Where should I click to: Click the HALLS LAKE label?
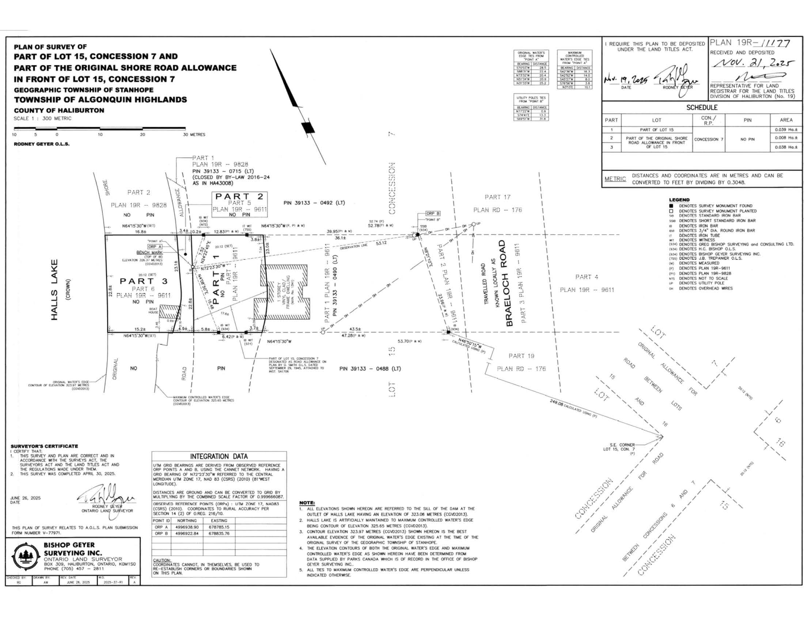tap(54, 290)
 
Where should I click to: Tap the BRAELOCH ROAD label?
tap(509, 283)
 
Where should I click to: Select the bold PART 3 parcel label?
tap(144, 281)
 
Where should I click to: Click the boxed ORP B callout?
tap(433, 213)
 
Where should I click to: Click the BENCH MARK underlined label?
tap(149, 252)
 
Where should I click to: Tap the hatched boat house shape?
tap(168, 311)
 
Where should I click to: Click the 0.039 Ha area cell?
tap(786, 130)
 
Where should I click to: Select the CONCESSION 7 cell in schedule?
tap(708, 139)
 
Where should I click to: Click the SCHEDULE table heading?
tap(702, 108)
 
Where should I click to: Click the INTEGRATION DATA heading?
tap(219, 456)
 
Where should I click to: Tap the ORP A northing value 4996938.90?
tap(187, 527)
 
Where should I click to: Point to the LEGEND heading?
tap(679, 200)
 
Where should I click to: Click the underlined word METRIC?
tap(615, 179)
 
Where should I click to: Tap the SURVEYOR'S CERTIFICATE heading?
tap(44, 446)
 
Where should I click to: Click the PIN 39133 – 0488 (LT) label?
tap(370, 368)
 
